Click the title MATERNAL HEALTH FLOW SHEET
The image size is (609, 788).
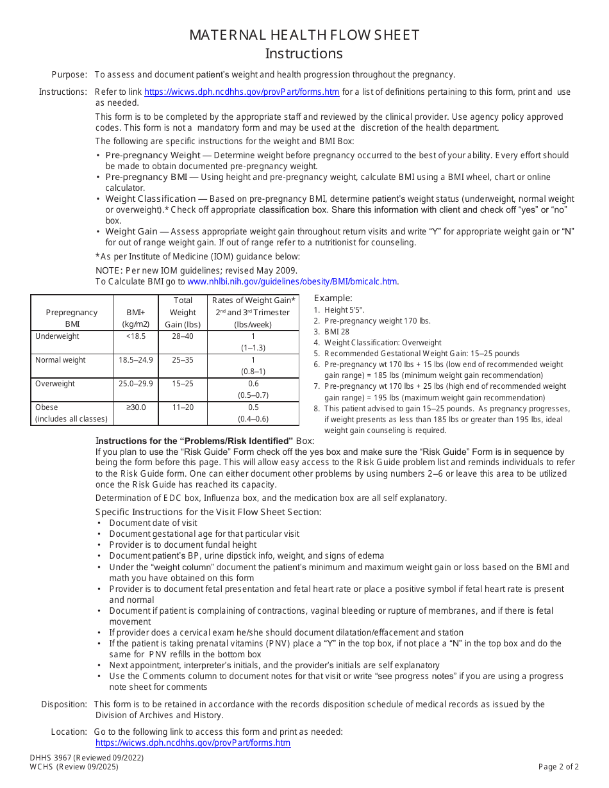click(x=304, y=35)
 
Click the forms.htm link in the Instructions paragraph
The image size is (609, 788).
click(x=242, y=92)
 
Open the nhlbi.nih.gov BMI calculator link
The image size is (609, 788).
click(x=292, y=281)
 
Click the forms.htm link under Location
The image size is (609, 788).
click(x=193, y=743)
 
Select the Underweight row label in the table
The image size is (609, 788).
click(x=58, y=336)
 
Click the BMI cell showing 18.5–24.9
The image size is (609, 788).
click(x=136, y=360)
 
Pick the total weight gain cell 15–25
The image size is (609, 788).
click(x=183, y=384)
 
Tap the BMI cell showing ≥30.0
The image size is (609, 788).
click(x=136, y=407)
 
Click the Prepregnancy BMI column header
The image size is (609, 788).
click(x=72, y=318)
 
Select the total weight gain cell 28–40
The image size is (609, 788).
click(x=183, y=336)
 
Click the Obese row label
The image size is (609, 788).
click(x=47, y=407)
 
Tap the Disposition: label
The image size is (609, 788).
click(x=64, y=704)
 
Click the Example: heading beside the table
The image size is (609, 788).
click(x=333, y=298)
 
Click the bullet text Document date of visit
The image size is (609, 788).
click(x=153, y=523)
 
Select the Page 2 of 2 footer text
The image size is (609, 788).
click(x=558, y=767)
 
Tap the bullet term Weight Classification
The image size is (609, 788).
click(x=151, y=199)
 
